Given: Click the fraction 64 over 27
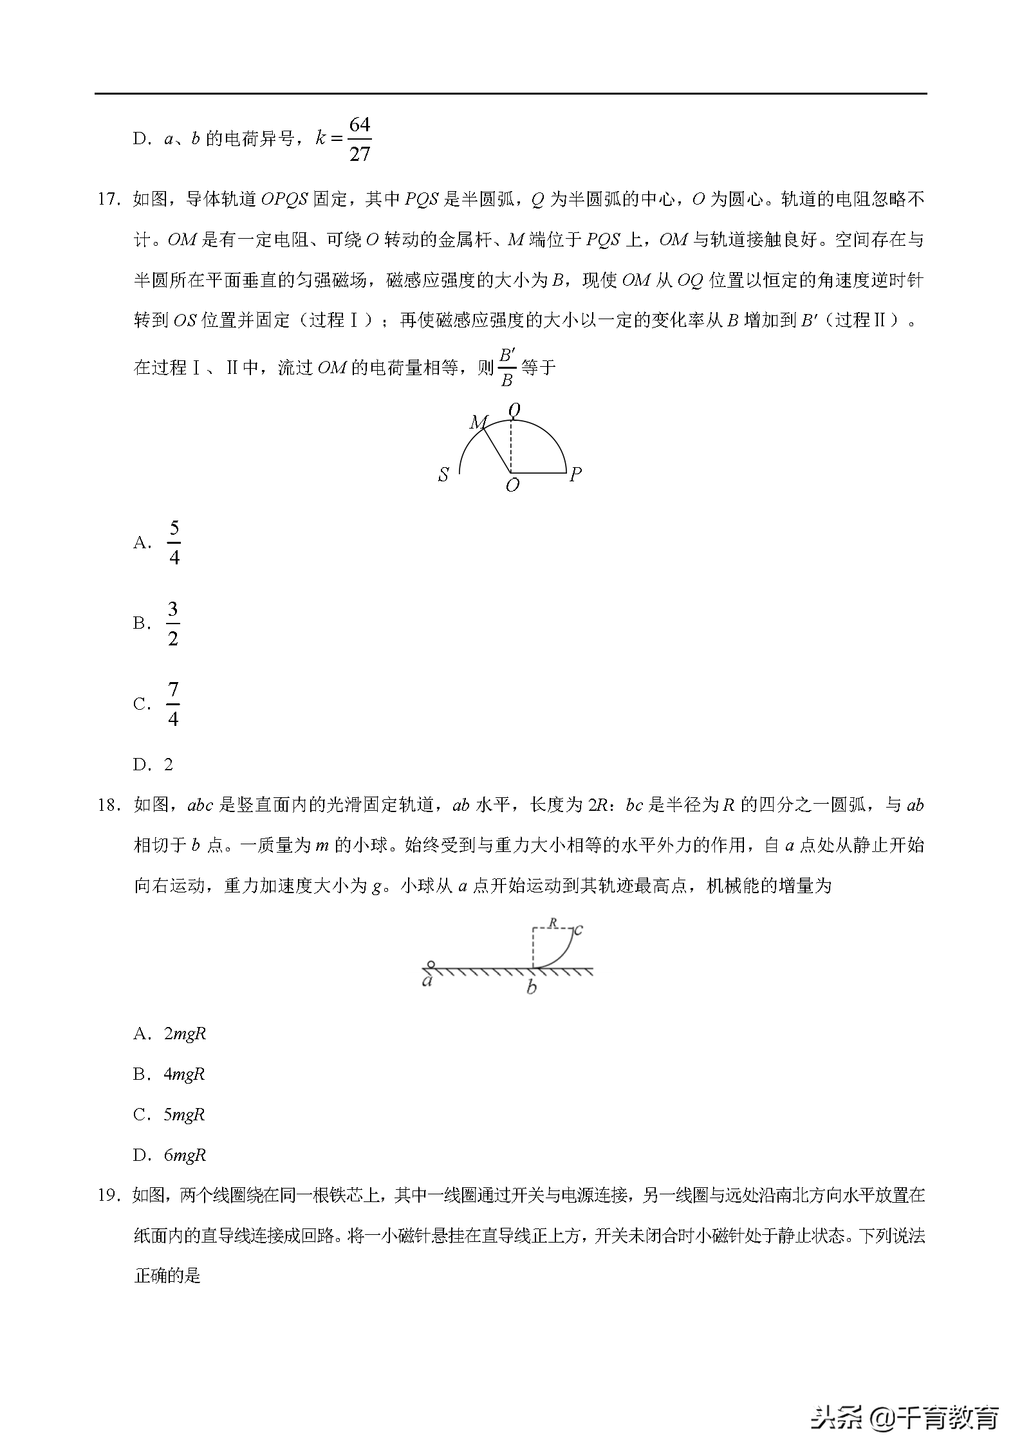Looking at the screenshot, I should pos(360,139).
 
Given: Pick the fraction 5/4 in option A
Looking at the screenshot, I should pos(174,542).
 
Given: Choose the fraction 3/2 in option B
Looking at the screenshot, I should pos(172,623).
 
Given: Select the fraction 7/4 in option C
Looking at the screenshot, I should pos(173,703).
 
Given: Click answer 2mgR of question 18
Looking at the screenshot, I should pos(185,1034).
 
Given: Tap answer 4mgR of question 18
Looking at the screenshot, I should pos(185,1074).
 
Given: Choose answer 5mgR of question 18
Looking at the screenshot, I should pos(185,1115).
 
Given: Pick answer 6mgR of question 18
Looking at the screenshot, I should pos(185,1155).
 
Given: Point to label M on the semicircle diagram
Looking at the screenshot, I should pos(478,422).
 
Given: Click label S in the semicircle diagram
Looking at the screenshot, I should pos(443,476).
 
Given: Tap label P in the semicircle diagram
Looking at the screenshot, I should pos(575,475).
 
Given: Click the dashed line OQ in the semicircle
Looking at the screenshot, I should pos(511,447).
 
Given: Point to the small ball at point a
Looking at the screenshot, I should pos(431,964).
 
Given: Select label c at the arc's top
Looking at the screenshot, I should pos(578,929).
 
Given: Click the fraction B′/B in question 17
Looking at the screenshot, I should pos(506,367).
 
